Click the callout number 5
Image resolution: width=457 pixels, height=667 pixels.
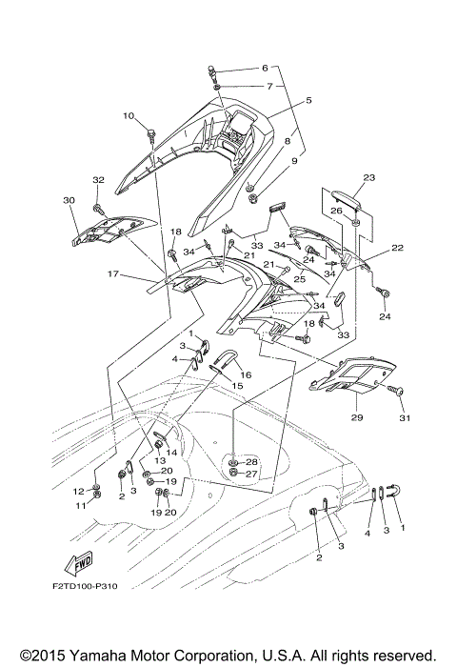308,100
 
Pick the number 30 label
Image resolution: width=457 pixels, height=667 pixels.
69,200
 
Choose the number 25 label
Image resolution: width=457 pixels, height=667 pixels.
299,279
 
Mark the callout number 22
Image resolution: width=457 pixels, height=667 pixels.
397,248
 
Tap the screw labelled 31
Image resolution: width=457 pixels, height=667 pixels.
394,390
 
